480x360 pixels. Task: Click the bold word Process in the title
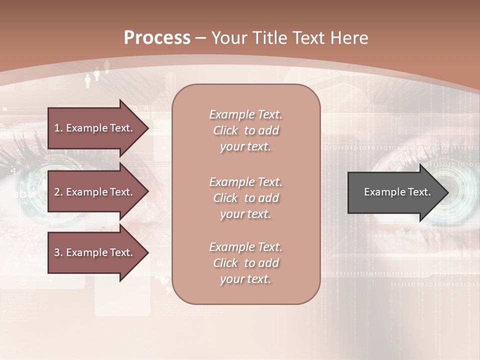coord(157,37)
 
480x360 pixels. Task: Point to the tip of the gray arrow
coord(447,192)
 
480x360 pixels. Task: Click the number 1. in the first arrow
coord(58,128)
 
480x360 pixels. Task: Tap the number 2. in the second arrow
coord(58,192)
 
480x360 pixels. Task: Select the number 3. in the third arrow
coord(58,252)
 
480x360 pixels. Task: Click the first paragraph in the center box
coord(245,130)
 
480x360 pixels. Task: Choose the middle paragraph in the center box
coord(245,198)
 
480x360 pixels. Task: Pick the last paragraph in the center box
coord(245,263)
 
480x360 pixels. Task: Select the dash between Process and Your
coord(201,38)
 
